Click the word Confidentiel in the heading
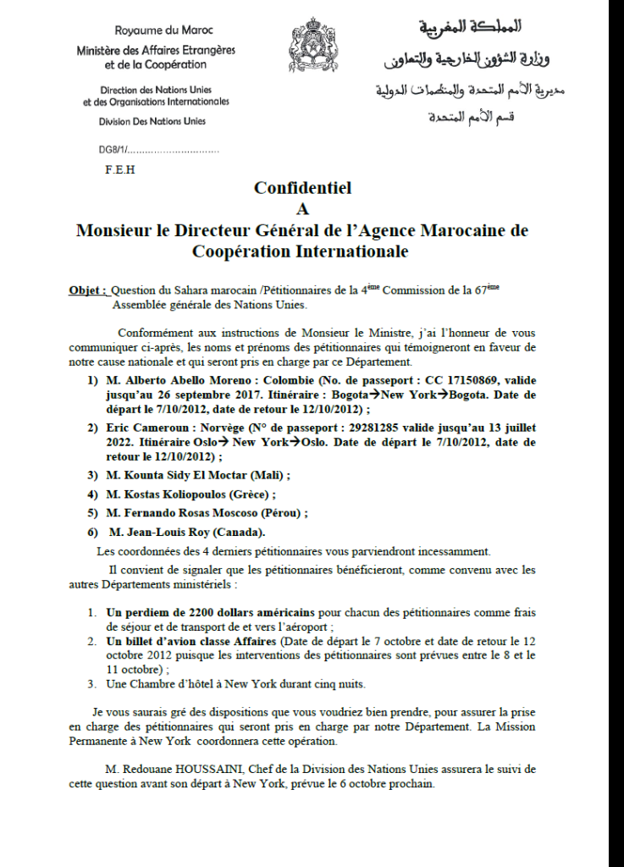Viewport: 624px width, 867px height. pos(302,189)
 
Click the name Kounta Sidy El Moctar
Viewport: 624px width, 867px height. pos(191,475)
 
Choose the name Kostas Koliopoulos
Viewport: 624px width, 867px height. pos(176,494)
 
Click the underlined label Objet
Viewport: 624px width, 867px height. pos(87,290)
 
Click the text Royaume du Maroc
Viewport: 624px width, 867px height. pos(152,30)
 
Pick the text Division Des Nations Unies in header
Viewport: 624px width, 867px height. pos(152,122)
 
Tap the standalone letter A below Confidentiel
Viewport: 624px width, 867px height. pos(301,209)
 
